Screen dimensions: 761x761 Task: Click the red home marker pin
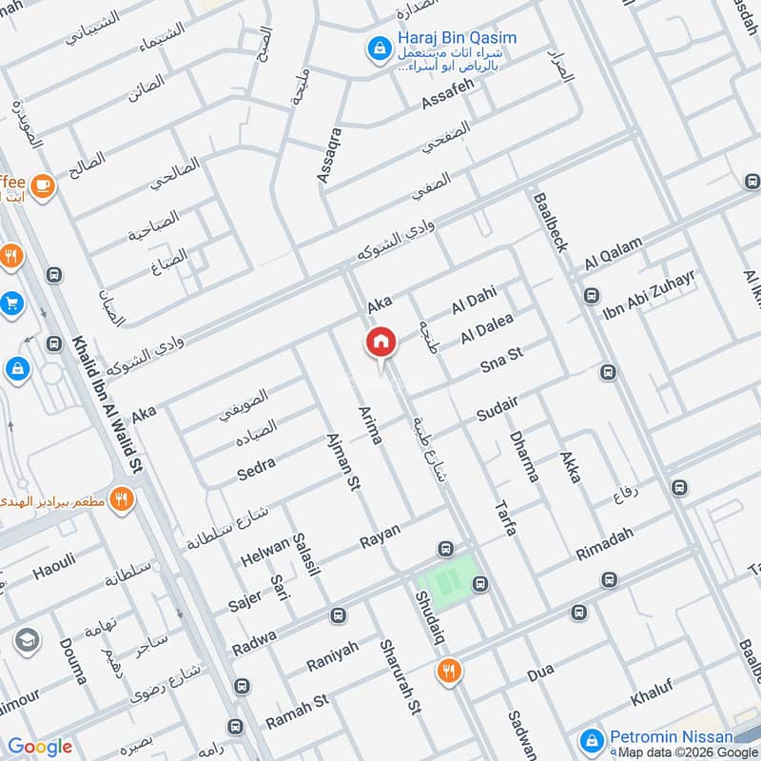click(380, 342)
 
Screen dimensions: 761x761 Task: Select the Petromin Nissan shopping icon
click(592, 738)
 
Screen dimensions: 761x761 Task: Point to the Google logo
click(40, 747)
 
